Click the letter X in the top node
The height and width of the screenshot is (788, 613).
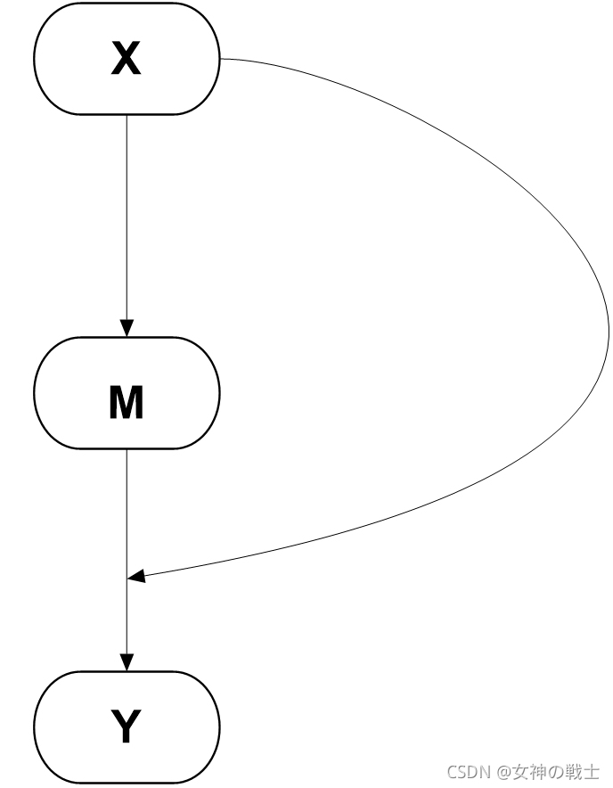click(126, 59)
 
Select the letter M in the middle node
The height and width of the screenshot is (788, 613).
click(126, 403)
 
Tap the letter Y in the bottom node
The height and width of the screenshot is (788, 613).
click(126, 726)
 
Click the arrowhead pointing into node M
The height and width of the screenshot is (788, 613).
click(127, 327)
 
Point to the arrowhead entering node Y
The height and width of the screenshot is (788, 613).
click(127, 661)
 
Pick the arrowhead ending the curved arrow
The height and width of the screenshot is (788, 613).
click(136, 578)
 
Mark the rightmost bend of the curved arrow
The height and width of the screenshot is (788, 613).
click(609, 330)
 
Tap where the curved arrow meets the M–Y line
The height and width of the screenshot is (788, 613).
click(127, 579)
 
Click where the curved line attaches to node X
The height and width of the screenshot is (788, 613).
click(220, 59)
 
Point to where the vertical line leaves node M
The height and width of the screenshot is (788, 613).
click(127, 449)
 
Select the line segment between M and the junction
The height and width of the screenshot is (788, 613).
click(127, 513)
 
